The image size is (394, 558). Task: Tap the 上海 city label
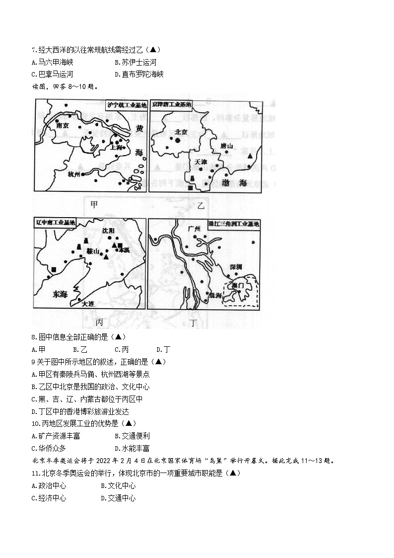pyautogui.click(x=117, y=147)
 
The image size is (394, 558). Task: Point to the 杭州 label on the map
pyautogui.click(x=73, y=173)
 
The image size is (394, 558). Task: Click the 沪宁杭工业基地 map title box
pyautogui.click(x=127, y=105)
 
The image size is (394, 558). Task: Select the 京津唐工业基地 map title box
pyautogui.click(x=171, y=104)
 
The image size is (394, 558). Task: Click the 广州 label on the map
pyautogui.click(x=195, y=229)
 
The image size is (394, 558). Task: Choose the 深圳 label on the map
pyautogui.click(x=236, y=267)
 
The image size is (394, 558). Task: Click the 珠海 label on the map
pyautogui.click(x=215, y=295)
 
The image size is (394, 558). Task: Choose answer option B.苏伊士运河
pyautogui.click(x=135, y=62)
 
